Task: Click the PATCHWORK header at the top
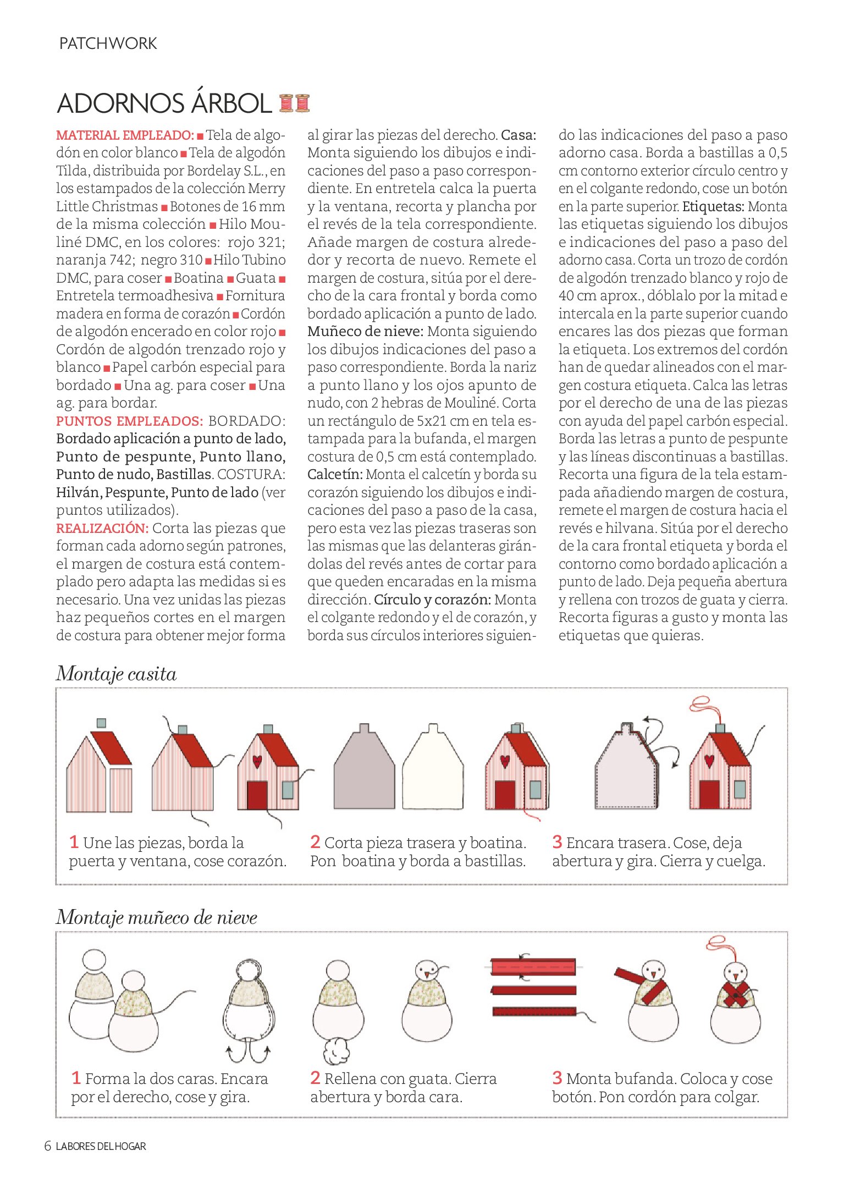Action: [x=108, y=43]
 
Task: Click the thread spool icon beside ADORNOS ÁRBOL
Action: [x=294, y=103]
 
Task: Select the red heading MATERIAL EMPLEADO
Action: [x=125, y=135]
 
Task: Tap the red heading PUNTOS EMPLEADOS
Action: [x=129, y=421]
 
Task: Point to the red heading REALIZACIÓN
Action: [x=102, y=529]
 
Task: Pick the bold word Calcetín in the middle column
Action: [x=335, y=475]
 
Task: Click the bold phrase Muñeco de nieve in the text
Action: [x=365, y=332]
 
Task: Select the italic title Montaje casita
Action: [x=117, y=674]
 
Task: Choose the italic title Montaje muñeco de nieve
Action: [x=157, y=917]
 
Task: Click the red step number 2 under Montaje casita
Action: [x=315, y=842]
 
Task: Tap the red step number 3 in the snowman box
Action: [x=557, y=1077]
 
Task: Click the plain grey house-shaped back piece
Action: [x=364, y=768]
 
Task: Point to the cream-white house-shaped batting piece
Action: [x=433, y=768]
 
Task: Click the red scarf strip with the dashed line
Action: [x=532, y=967]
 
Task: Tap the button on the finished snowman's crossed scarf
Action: [x=735, y=994]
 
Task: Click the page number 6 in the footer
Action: [x=48, y=1147]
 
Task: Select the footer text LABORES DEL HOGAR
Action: [x=101, y=1147]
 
